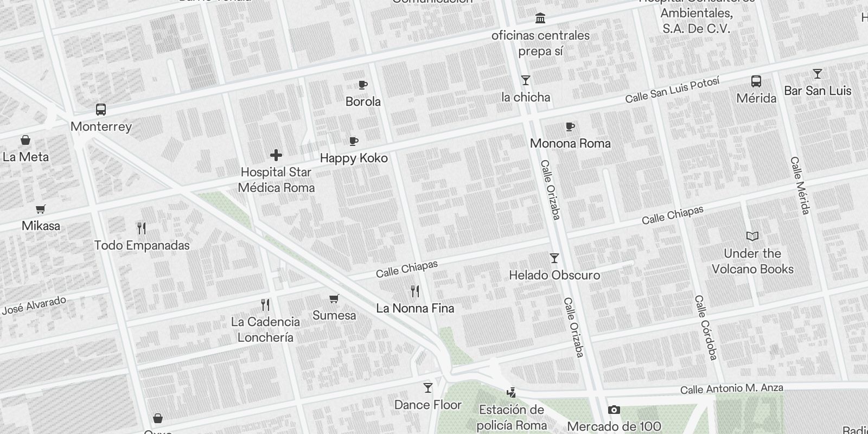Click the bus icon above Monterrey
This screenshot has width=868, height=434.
point(101,110)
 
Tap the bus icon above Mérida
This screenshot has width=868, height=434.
point(756,81)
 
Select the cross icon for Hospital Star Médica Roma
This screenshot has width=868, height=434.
point(276,155)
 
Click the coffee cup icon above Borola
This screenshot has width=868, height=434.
point(363,85)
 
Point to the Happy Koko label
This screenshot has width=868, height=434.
point(354,158)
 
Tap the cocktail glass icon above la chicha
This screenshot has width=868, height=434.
point(525,80)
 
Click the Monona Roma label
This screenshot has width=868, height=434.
point(570,143)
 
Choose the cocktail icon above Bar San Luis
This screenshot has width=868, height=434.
point(818,74)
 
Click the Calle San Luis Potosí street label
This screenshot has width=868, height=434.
point(672,90)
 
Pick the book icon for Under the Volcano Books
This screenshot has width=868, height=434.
point(752,236)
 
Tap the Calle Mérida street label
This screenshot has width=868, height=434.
point(800,186)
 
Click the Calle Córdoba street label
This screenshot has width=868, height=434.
point(706,327)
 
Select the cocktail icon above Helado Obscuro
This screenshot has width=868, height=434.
point(554,258)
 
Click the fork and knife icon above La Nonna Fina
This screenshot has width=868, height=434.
point(415,291)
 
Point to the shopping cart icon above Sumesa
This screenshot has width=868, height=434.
point(334,298)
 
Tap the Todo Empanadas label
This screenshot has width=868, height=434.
point(142,245)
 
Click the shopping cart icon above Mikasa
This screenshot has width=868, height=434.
point(41,209)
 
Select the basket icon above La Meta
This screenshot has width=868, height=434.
point(25,140)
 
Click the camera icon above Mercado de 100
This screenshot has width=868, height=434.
point(614,410)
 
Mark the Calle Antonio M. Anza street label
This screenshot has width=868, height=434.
point(731,389)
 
